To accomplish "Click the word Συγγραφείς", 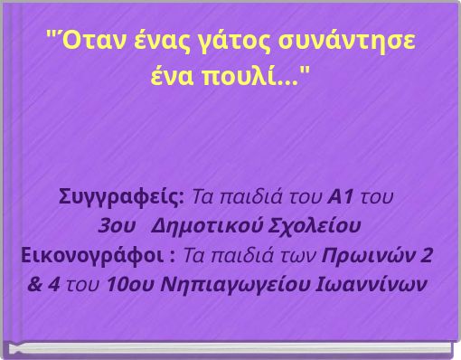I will tap(121, 196).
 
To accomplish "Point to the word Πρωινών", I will tap(370, 252).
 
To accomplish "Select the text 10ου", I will tap(123, 281).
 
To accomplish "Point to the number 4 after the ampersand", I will tap(56, 281).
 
